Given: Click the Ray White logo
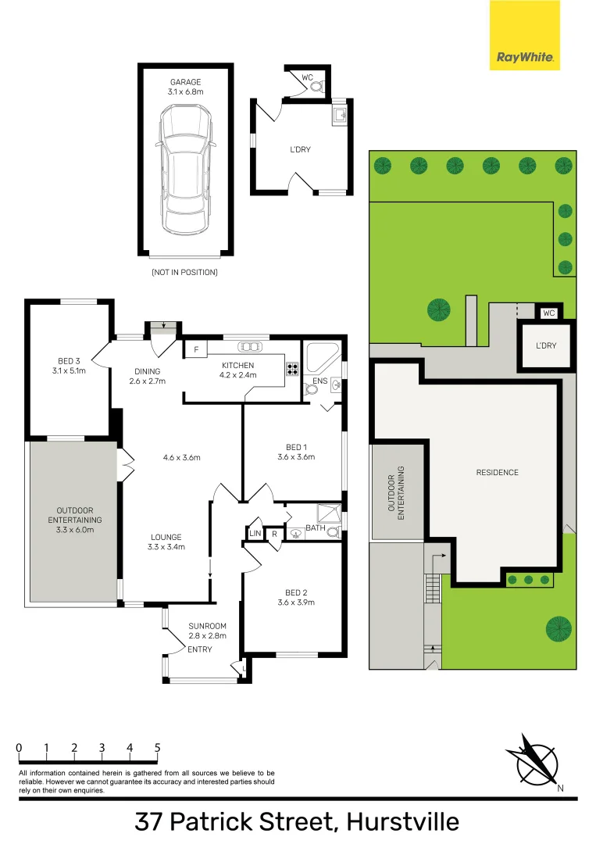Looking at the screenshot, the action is pos(524,35).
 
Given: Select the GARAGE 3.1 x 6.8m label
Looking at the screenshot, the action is pos(186,87).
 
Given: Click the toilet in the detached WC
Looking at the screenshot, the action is pos(317,86).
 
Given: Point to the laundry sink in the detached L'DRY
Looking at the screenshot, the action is pos(340,115).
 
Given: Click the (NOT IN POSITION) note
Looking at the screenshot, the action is pos(184,273).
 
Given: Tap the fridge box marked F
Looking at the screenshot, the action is pos(196,350).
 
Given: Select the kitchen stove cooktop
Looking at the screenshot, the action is pos(293,369).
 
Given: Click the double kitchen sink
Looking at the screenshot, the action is pos(250,347).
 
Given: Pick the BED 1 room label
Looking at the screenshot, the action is pos(296,452).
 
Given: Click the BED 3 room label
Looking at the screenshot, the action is pos(69,366).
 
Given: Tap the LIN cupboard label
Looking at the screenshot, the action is pos(255,534).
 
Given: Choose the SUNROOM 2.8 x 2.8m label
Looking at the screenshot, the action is pos(207,631).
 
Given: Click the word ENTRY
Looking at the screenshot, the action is pos(200,649).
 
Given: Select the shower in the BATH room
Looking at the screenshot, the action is pos(329,514).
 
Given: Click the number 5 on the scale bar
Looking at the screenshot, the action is pos(158,748).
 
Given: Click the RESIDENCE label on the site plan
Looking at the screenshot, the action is pos(497,473).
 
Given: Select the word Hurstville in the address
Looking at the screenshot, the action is pos(403,822).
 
